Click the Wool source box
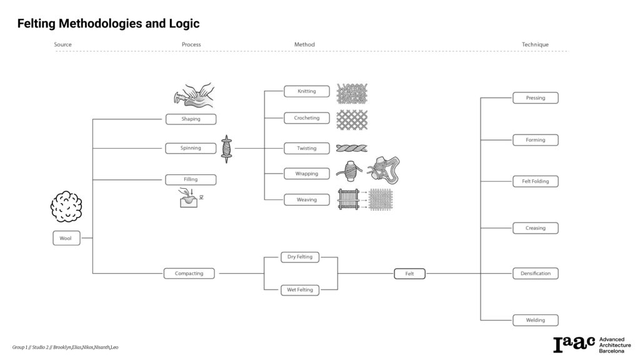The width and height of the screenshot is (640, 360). point(66,238)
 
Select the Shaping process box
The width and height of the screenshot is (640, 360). point(191,119)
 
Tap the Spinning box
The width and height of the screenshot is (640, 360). point(191,148)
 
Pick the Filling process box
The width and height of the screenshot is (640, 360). point(191,179)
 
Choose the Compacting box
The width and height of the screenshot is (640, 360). point(189,273)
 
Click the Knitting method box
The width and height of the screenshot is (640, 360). point(306,91)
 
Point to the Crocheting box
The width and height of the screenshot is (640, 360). point(306,117)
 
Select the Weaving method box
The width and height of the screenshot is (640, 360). point(306,200)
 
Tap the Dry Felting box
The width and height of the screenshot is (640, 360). point(300,257)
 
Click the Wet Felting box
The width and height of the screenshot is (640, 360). point(300,290)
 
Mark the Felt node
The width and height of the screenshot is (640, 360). point(409,274)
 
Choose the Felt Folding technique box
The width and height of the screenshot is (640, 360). point(535,181)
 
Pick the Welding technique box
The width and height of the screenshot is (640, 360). point(535,320)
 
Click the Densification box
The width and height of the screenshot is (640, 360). point(535,273)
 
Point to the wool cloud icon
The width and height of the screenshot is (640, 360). point(66,206)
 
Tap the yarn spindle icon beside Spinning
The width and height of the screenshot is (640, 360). point(226,149)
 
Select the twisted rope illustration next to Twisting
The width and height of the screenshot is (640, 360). point(352,148)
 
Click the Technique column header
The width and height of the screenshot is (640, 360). point(535,44)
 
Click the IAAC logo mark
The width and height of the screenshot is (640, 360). point(574,344)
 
